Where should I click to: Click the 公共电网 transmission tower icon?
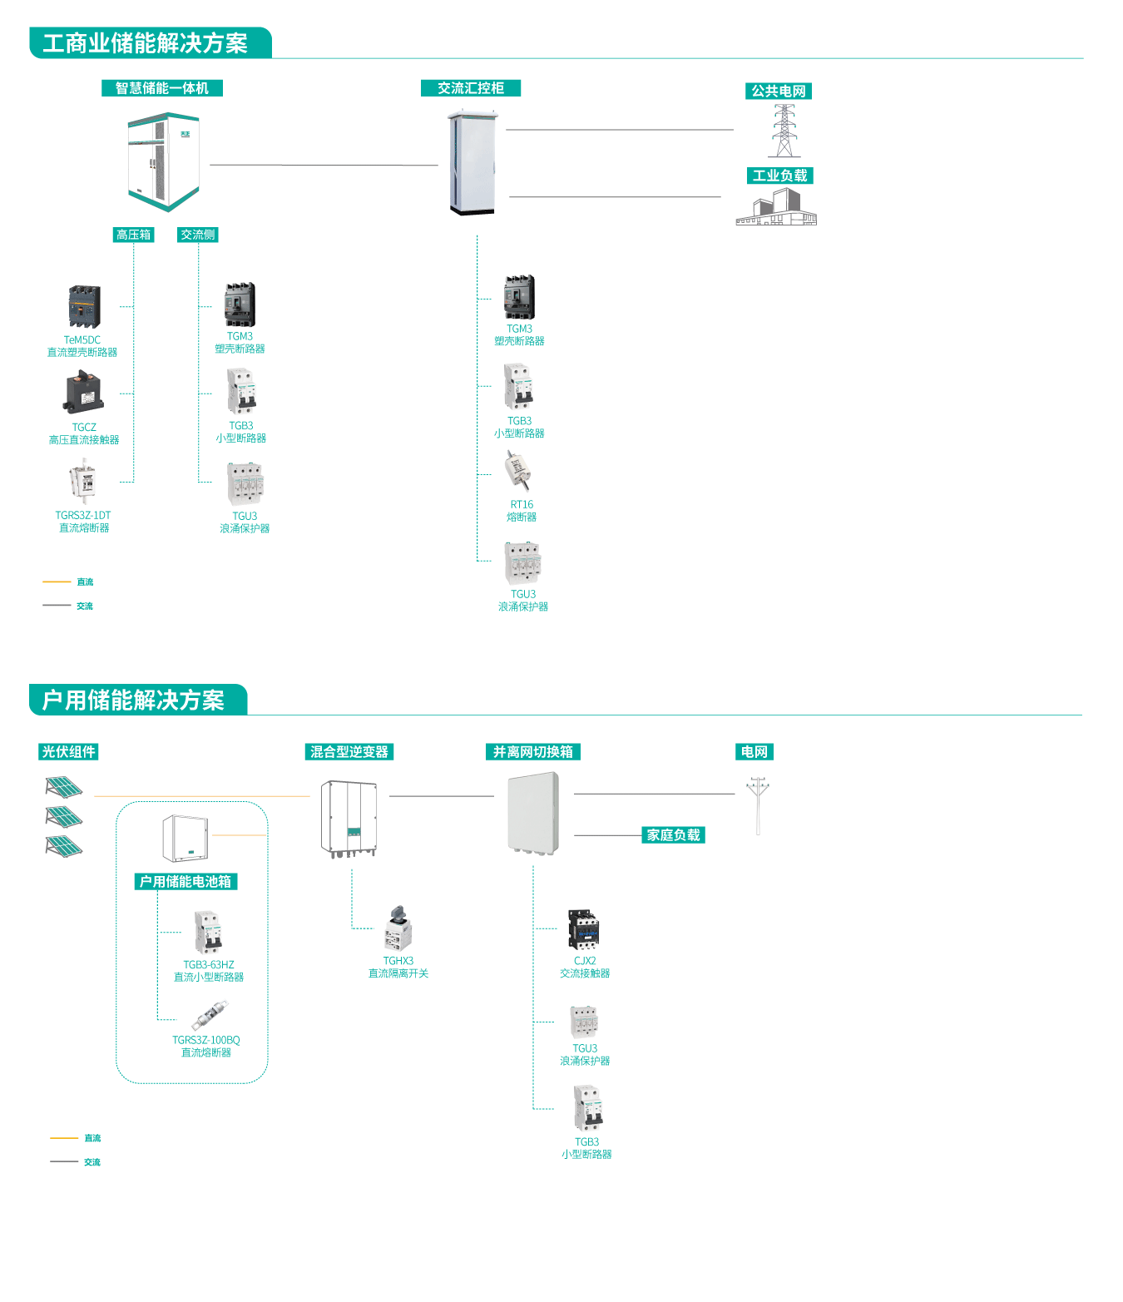point(784,131)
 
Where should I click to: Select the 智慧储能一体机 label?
point(162,88)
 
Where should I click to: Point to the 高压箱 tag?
point(133,235)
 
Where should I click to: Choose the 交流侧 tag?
point(198,235)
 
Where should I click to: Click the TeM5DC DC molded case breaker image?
point(84,307)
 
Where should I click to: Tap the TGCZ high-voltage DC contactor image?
point(84,393)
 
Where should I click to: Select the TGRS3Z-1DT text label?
point(83,516)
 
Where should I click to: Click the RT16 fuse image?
point(518,471)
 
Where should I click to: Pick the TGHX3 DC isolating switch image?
point(397,928)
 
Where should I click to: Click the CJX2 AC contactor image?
point(584,929)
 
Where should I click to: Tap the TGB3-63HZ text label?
point(209,965)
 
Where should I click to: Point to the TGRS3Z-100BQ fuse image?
point(209,1016)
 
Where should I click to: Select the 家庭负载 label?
point(674,835)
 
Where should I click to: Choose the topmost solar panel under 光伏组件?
point(63,786)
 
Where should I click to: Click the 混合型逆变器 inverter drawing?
point(350,818)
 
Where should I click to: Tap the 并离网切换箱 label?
point(532,752)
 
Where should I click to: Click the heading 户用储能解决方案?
point(134,701)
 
